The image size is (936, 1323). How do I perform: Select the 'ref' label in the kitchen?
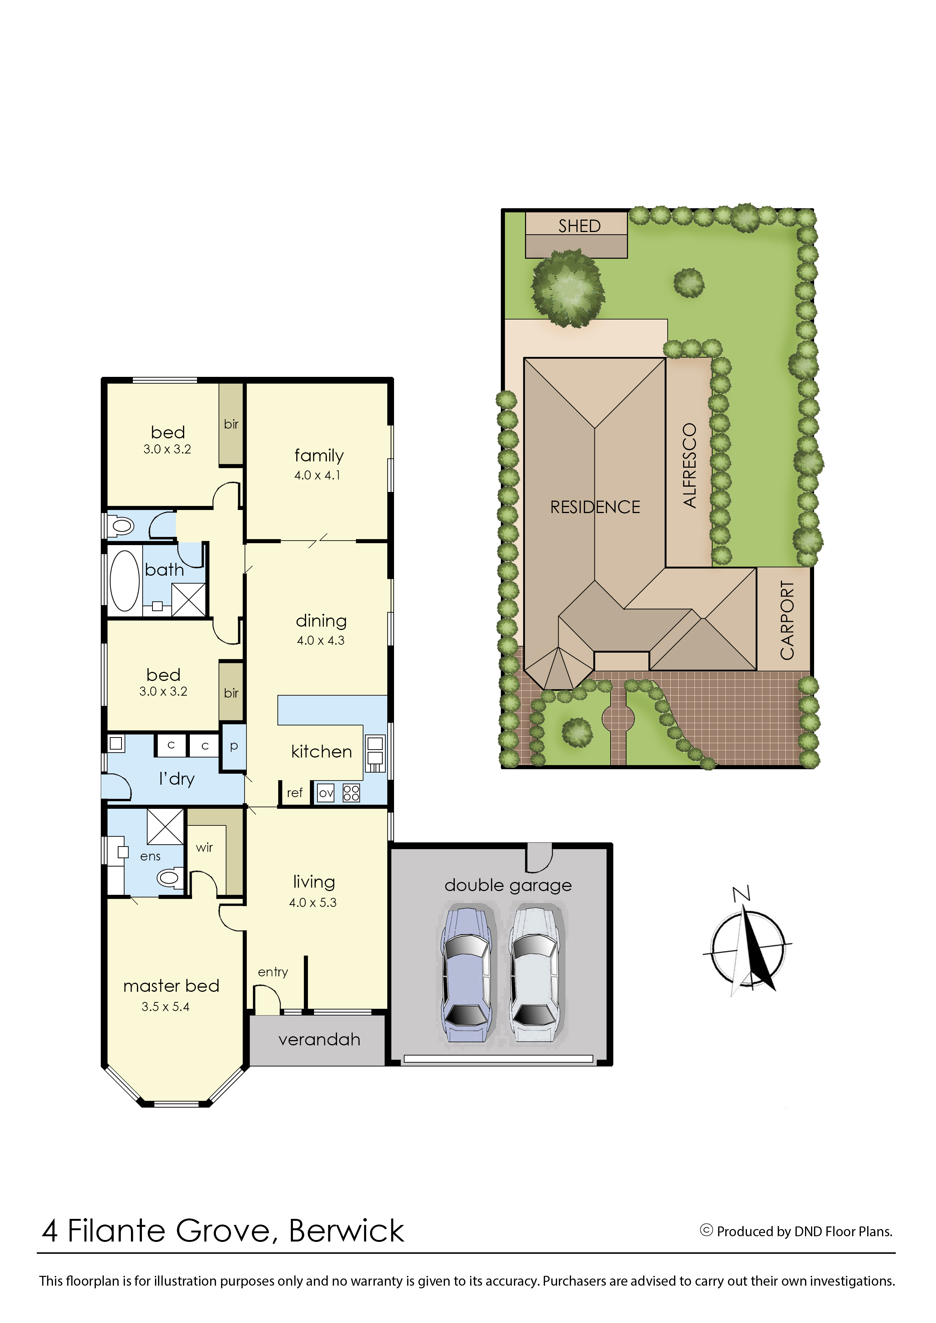tap(294, 793)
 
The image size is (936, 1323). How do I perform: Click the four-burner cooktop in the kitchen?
tap(351, 793)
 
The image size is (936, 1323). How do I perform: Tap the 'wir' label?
tap(204, 848)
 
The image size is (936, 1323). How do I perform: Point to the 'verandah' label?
tap(319, 1040)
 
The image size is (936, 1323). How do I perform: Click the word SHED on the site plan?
tap(579, 226)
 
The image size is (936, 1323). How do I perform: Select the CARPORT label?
tap(787, 620)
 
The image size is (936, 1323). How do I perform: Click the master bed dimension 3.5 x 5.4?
tap(165, 1006)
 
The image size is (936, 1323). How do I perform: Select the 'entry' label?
tap(272, 972)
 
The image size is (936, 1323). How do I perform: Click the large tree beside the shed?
tap(568, 288)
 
